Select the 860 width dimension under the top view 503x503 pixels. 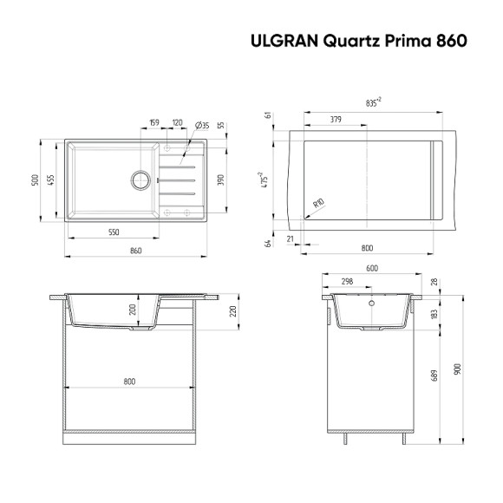pyautogui.click(x=135, y=250)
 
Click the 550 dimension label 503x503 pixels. pyautogui.click(x=114, y=233)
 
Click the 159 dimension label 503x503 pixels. pyautogui.click(x=154, y=122)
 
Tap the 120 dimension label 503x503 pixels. pyautogui.click(x=178, y=122)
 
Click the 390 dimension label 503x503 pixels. pyautogui.click(x=221, y=180)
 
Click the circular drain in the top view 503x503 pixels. pyautogui.click(x=140, y=180)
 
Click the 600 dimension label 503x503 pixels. pyautogui.click(x=372, y=268)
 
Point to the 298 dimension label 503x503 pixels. pyautogui.click(x=347, y=282)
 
